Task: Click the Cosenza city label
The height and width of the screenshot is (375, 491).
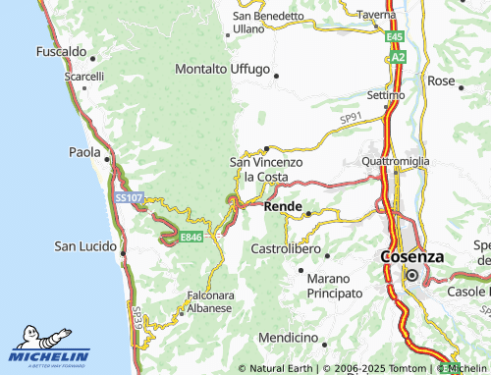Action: tap(411, 256)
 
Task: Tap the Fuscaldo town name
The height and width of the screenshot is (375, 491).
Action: tap(62, 50)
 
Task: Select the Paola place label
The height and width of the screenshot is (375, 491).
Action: tap(83, 152)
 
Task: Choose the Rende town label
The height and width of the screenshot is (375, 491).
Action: tap(283, 207)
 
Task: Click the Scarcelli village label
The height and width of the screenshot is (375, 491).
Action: tap(84, 77)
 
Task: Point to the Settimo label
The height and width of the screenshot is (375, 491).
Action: tap(386, 95)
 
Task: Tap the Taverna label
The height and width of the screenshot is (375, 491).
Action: tap(376, 15)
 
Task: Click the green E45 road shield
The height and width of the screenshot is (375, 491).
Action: tap(395, 36)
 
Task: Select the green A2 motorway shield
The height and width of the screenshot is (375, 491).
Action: tap(398, 58)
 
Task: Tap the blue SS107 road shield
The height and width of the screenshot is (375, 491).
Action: tap(129, 198)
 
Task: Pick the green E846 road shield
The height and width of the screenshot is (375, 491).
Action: tap(191, 237)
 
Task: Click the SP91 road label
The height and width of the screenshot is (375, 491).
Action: tap(351, 119)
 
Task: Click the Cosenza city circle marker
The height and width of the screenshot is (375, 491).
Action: tap(413, 276)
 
